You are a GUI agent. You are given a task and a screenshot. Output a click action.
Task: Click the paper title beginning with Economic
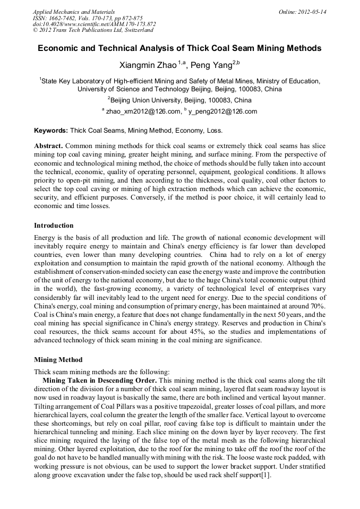click(x=179, y=48)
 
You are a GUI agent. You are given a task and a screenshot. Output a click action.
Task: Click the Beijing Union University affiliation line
click(x=179, y=100)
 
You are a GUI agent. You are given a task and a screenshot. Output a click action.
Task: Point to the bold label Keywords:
click(x=51, y=130)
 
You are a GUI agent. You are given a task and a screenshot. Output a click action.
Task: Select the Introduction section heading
click(x=54, y=226)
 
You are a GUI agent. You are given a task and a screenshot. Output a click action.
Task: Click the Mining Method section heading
click(x=58, y=359)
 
